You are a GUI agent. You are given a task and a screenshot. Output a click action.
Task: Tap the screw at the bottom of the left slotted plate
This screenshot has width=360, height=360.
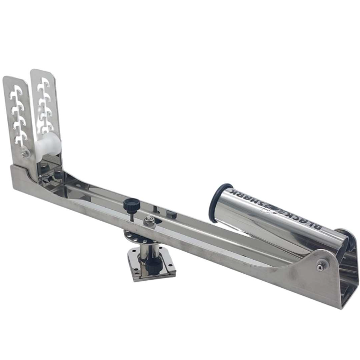click(x=25, y=153)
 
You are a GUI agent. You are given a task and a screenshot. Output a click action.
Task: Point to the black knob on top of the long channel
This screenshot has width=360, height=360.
click(x=131, y=204)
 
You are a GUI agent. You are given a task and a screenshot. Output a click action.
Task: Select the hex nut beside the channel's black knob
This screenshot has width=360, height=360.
click(x=147, y=221)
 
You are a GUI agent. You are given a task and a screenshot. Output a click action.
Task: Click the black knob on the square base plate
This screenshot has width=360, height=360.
click(x=154, y=266)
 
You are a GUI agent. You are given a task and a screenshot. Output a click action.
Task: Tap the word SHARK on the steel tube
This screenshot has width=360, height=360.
click(x=248, y=197)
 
